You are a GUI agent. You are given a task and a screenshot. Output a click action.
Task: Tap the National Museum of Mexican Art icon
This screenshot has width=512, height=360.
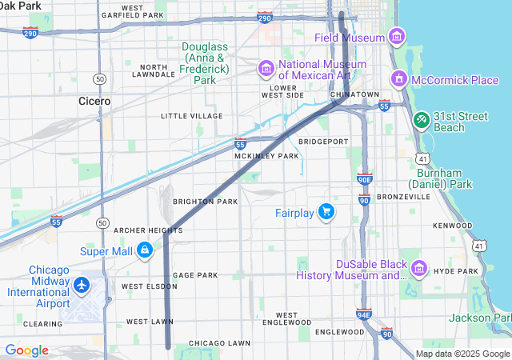coord(266,70)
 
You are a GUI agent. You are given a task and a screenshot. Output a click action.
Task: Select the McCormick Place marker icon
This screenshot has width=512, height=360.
coord(398,80)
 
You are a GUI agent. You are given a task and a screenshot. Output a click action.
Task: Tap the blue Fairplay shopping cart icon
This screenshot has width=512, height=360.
coord(326,212)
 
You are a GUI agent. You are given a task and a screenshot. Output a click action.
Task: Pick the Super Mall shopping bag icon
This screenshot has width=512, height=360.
coord(144,250)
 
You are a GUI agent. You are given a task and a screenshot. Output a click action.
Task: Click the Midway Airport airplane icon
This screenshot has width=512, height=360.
coord(81,285)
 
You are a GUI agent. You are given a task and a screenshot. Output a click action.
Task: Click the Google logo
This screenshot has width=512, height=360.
coord(26,350)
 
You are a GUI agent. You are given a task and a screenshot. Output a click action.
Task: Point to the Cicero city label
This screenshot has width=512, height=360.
coord(94,102)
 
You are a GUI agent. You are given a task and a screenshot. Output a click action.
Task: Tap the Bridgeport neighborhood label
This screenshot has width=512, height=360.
coord(323,142)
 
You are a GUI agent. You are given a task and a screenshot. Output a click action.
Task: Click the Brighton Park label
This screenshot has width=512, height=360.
coord(206,202)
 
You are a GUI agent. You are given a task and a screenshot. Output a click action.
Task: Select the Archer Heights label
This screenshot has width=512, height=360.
coord(148,230)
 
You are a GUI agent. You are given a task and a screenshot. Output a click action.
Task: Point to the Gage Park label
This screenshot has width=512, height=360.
coord(195,274)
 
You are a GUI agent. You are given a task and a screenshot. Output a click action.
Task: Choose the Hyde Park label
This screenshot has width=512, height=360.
coord(457,272)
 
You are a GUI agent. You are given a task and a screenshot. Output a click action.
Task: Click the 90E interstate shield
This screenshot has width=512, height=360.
coord(364,180)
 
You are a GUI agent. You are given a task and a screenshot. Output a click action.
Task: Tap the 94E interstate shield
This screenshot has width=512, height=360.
coord(364,314)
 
